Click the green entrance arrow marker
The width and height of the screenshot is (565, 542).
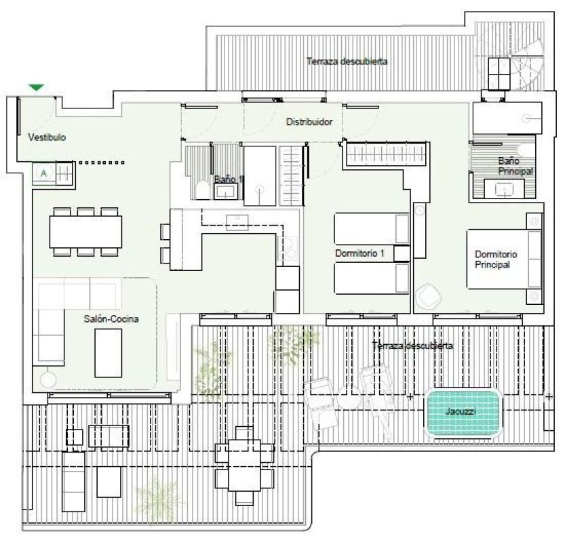tap(37, 87)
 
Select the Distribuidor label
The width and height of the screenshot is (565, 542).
tap(309, 123)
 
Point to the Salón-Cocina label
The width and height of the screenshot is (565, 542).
tap(111, 318)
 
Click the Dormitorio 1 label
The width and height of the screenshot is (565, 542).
tap(359, 253)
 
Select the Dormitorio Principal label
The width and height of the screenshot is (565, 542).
tap(495, 260)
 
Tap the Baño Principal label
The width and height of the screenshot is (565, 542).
tap(515, 167)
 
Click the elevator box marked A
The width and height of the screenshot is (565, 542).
tap(45, 173)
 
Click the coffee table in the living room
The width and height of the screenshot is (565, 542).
tap(109, 352)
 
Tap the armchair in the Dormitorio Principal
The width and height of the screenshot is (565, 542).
tap(428, 297)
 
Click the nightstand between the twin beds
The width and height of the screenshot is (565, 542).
tap(402, 253)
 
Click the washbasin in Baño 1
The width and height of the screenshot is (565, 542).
tap(225, 192)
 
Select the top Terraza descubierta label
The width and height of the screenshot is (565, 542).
tap(347, 62)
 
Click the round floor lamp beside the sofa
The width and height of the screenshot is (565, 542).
tap(48, 380)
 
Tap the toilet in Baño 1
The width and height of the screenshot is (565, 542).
tap(201, 189)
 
